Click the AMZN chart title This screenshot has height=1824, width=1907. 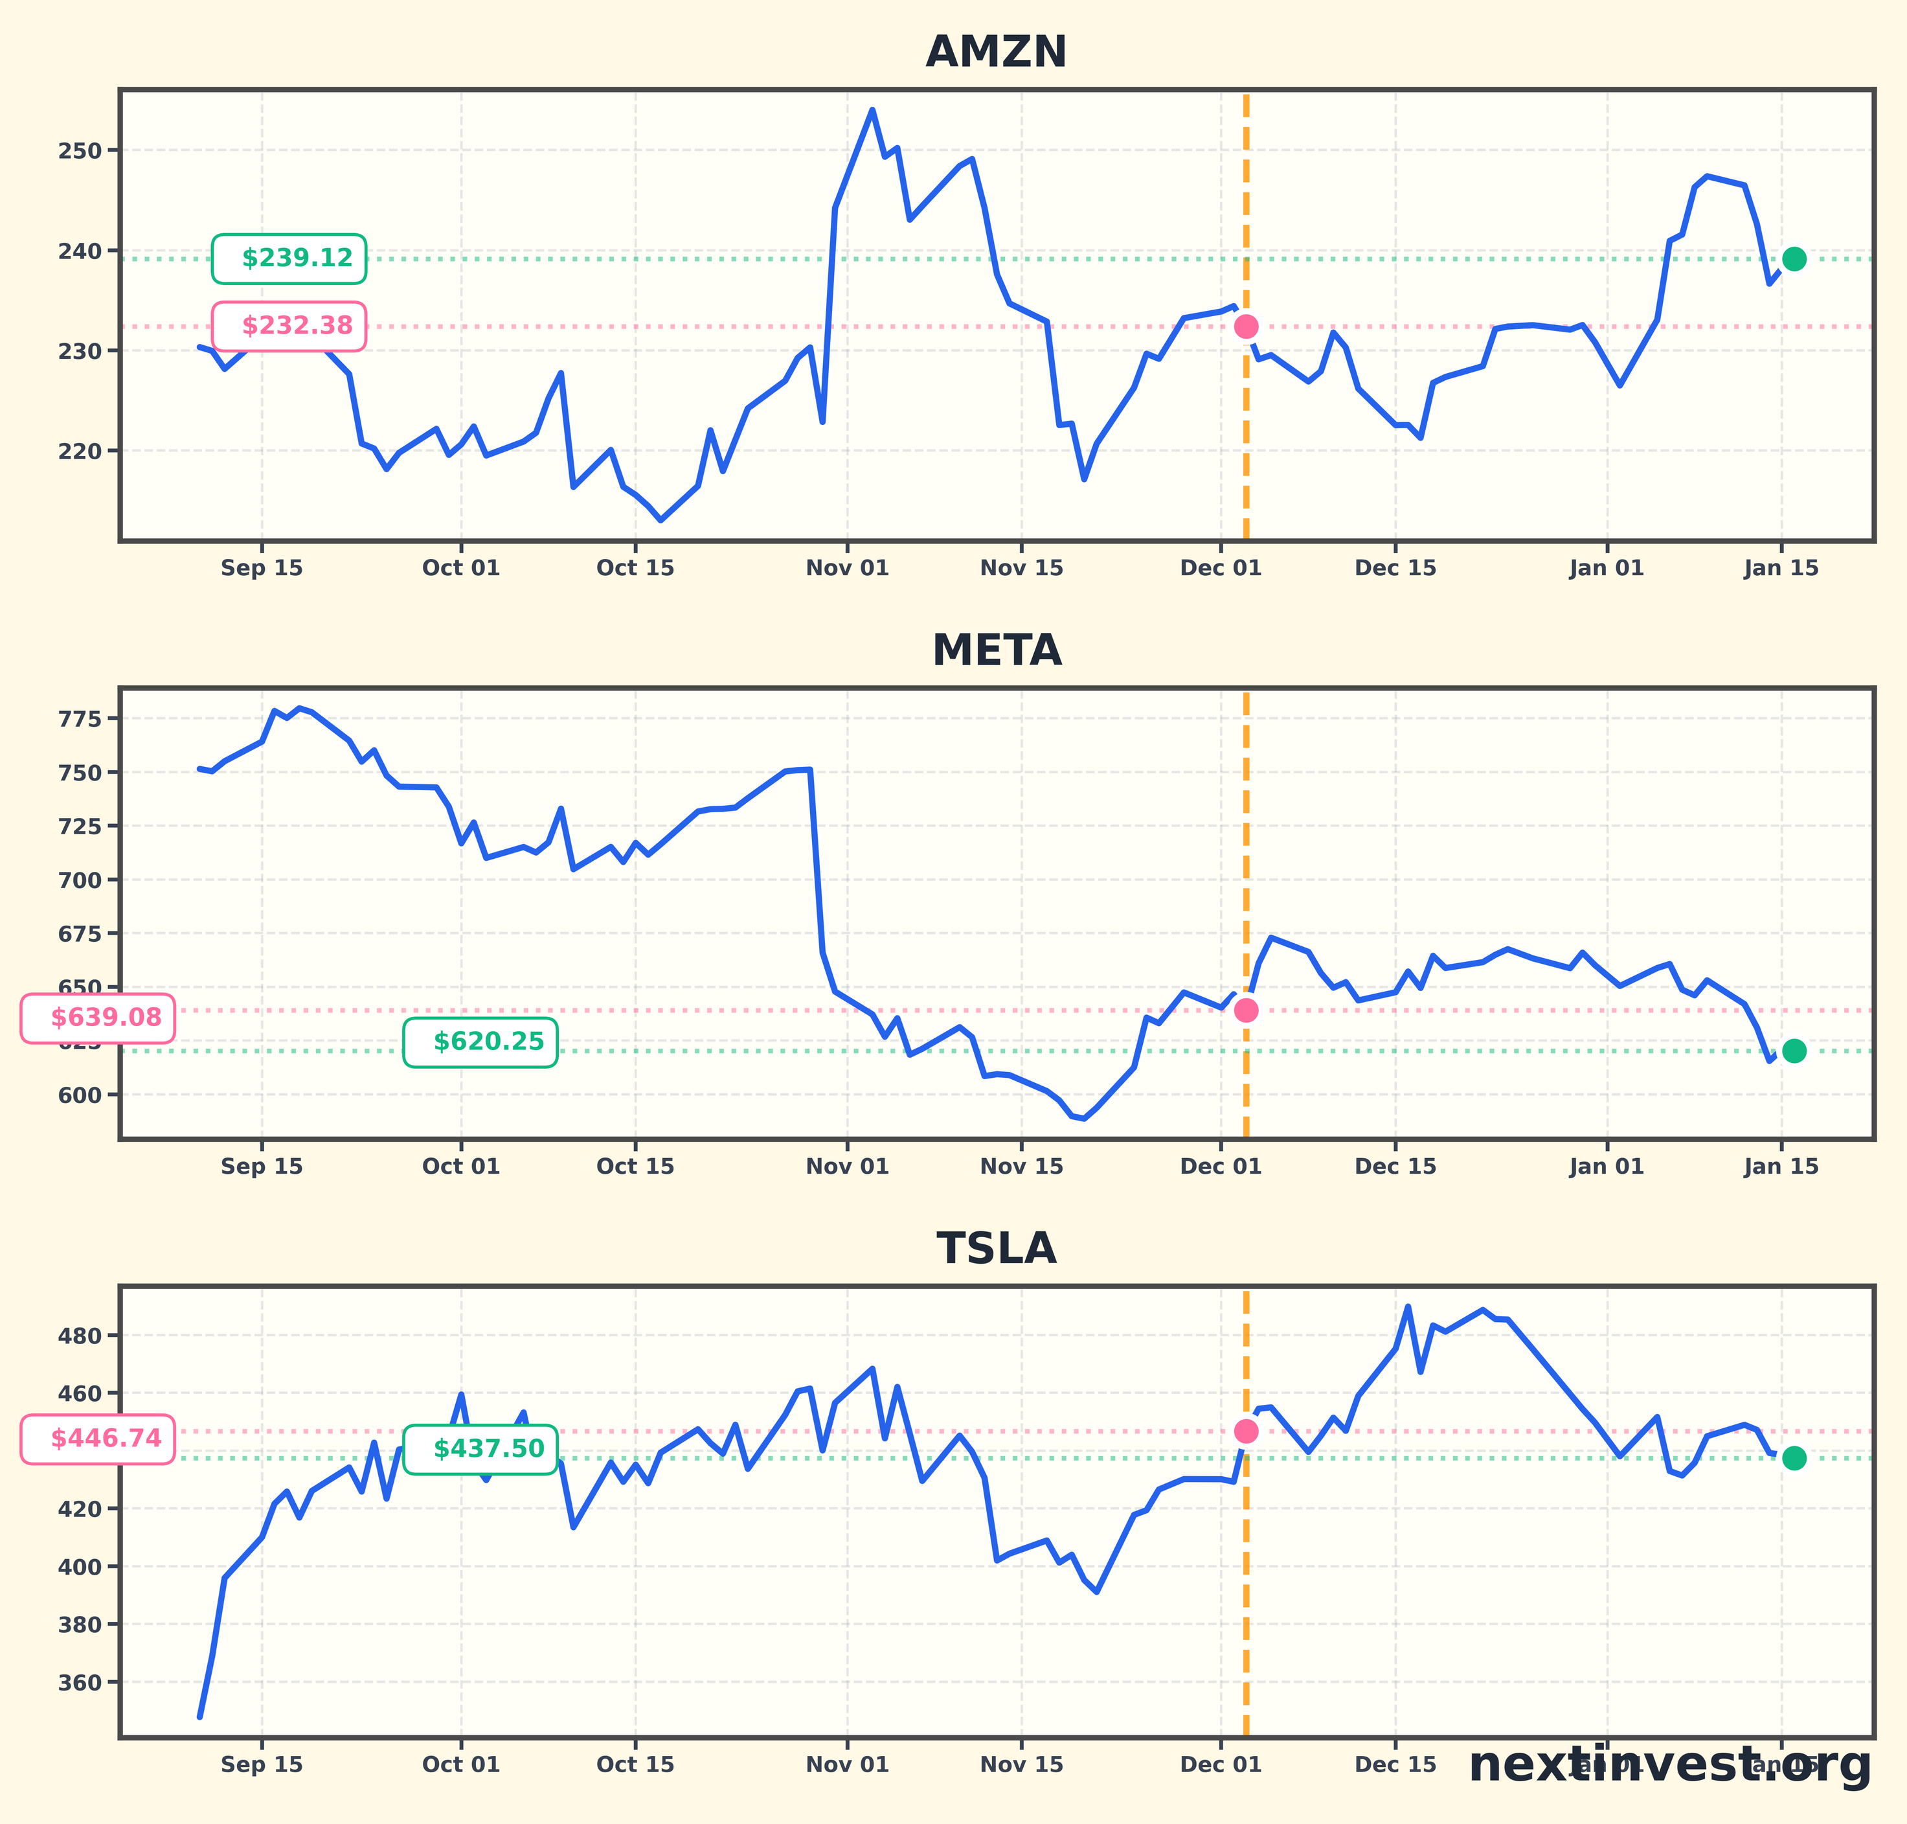click(997, 52)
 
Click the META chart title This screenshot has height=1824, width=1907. click(997, 650)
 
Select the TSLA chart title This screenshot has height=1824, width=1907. click(997, 1248)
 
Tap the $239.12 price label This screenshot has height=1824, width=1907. click(289, 258)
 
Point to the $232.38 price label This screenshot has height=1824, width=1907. click(289, 326)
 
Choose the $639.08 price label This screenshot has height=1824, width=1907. click(98, 1018)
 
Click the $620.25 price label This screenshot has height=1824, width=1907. click(481, 1042)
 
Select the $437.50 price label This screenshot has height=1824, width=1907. click(481, 1450)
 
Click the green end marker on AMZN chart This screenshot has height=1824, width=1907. click(1794, 258)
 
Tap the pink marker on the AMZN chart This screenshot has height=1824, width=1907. click(1246, 326)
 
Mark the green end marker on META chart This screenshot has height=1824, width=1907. click(1794, 1051)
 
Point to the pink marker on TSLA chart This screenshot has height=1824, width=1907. click(1246, 1431)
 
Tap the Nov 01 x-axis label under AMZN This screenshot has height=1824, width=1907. click(848, 569)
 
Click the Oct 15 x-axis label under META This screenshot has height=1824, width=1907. click(636, 1167)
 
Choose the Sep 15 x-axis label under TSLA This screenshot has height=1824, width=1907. click(262, 1764)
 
